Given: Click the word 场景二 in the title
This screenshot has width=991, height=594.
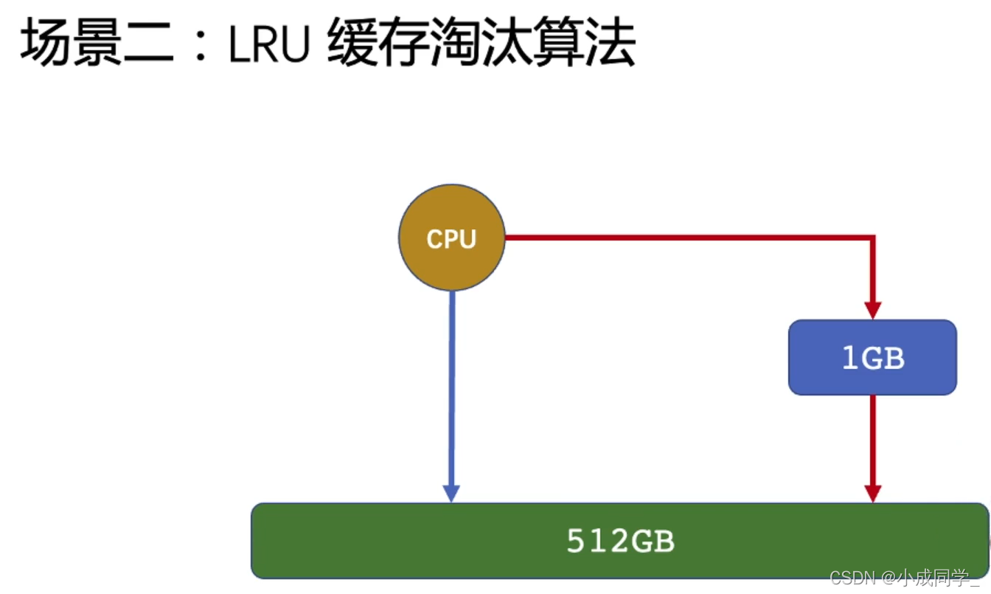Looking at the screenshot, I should [96, 44].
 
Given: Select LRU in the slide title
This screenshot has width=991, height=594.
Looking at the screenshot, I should [267, 46].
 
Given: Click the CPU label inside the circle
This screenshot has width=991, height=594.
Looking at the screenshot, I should [451, 239].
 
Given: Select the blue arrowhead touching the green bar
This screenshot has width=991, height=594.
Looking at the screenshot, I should [451, 493].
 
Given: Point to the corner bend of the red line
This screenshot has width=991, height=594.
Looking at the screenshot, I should [872, 238].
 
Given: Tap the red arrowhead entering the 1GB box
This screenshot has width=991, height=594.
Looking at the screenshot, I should [873, 310].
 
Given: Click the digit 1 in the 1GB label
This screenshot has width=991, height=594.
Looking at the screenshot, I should [850, 358].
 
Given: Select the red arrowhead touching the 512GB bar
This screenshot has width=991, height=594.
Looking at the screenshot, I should [873, 493].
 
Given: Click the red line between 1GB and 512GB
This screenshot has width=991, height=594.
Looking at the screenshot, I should [873, 439].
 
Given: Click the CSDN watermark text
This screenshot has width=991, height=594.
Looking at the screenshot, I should [852, 578].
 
